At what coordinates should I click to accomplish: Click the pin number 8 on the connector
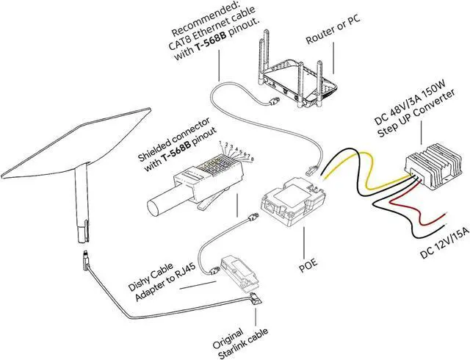(x=253, y=159)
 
